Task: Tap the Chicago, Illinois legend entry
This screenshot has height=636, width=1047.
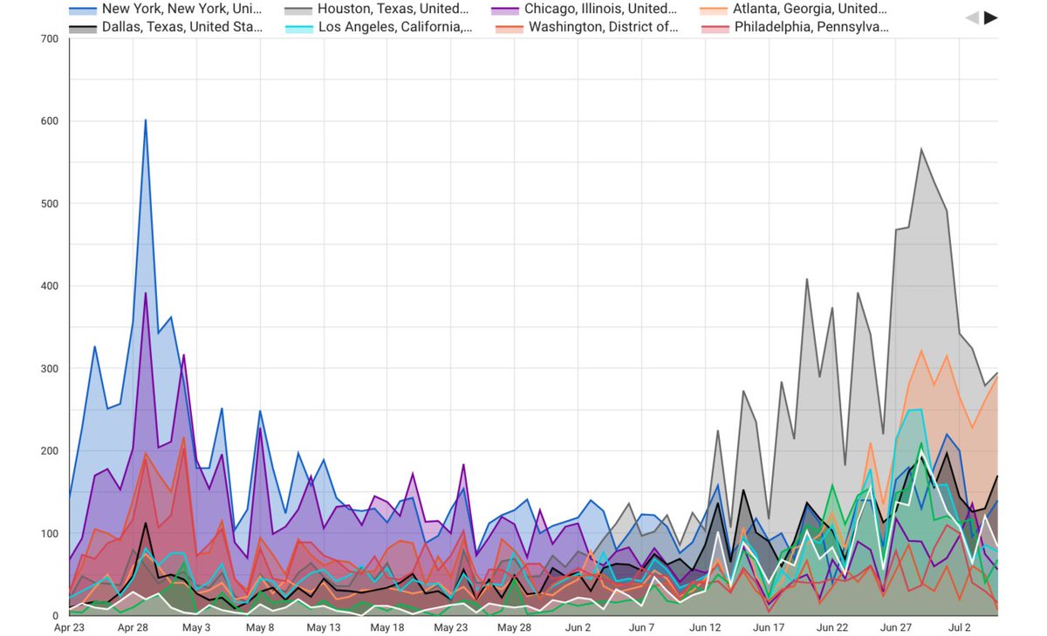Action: (x=588, y=10)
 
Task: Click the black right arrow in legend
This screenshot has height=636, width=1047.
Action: (x=991, y=17)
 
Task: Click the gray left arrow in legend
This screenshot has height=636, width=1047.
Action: (x=972, y=17)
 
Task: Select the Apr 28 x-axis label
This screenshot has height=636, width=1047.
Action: (x=133, y=627)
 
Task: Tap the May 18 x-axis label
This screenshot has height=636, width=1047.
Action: (x=387, y=627)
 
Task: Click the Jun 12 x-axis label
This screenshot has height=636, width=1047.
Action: (x=705, y=627)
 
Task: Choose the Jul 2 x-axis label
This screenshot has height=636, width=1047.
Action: (x=959, y=627)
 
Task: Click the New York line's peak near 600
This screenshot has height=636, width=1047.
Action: (x=146, y=120)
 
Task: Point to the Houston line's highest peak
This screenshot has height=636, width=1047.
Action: (x=921, y=149)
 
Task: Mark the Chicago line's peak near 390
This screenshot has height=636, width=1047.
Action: (x=146, y=293)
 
